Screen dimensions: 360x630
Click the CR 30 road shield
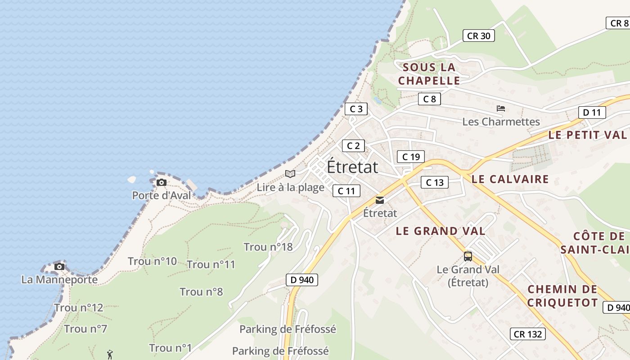[x=479, y=36]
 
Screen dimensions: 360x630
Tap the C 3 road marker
[x=356, y=108]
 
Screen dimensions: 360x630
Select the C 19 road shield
[x=411, y=157]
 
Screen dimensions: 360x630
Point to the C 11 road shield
[x=346, y=191]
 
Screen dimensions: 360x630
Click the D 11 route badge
[x=592, y=112]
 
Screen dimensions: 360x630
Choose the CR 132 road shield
[x=528, y=334]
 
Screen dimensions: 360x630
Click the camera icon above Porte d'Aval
[x=162, y=182]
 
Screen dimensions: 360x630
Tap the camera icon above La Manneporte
[x=59, y=266]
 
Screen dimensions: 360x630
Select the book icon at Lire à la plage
[x=290, y=174]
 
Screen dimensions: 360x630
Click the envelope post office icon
[x=380, y=200]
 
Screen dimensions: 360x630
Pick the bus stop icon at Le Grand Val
[x=468, y=256]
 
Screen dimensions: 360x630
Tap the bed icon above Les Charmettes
[x=501, y=108]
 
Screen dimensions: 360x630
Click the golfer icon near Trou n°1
[x=110, y=355]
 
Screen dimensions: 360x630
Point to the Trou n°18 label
[x=268, y=247]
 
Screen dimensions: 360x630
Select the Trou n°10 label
[x=153, y=261]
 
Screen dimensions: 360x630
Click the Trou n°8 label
[x=201, y=292]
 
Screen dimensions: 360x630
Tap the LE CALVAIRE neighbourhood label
[x=510, y=179]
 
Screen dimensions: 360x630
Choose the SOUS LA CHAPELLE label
[x=429, y=74]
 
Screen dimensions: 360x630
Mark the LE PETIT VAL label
[x=587, y=135]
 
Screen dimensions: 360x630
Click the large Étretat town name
[x=352, y=166]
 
